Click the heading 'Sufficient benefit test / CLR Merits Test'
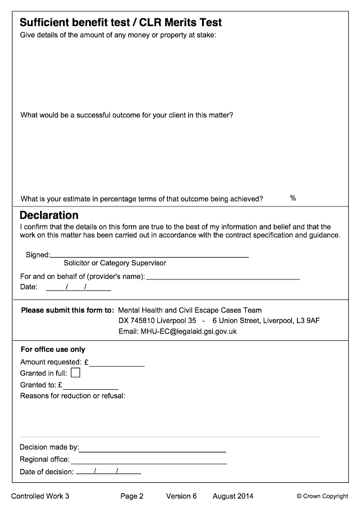coord(121,23)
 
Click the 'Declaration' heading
coord(49,215)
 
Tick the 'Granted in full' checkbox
coord(76,373)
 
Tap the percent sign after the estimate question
coord(293,198)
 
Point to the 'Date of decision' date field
coord(108,472)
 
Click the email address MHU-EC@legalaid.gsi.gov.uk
coord(189,332)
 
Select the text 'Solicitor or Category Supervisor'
coord(115,263)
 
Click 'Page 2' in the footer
coord(132,496)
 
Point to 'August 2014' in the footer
coord(233,496)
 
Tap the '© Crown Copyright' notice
coord(322,496)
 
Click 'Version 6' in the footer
coord(181,496)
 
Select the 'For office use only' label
coord(53,349)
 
